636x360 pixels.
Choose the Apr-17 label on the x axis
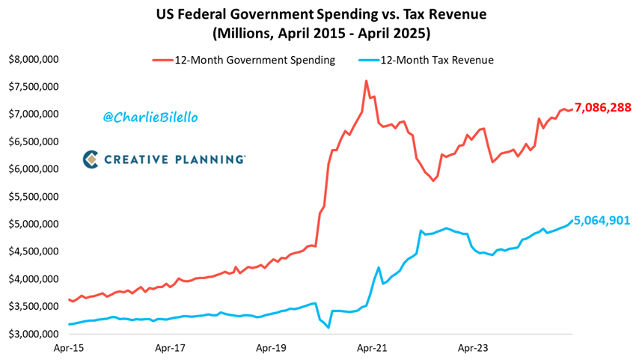click(x=170, y=348)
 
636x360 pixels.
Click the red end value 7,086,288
click(x=603, y=108)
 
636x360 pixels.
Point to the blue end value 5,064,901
click(x=603, y=221)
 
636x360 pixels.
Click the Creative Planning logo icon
click(x=91, y=159)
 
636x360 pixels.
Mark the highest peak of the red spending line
click(x=366, y=81)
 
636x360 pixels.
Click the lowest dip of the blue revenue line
click(x=328, y=327)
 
